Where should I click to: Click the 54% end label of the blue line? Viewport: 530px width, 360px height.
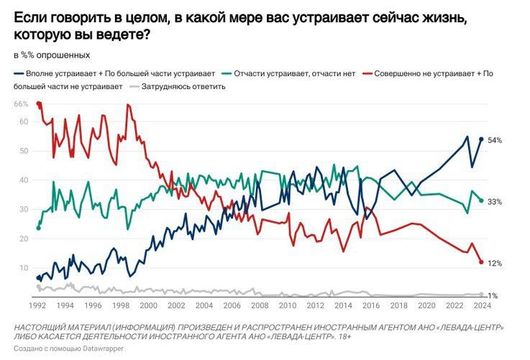(x=494, y=140)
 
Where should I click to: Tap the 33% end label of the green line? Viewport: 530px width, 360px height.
(x=494, y=202)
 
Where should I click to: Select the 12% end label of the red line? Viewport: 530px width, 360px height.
(x=494, y=264)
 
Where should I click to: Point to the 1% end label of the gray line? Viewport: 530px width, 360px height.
(x=494, y=296)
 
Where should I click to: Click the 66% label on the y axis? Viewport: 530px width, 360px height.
(x=21, y=104)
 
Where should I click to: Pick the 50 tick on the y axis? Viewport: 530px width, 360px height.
(x=23, y=151)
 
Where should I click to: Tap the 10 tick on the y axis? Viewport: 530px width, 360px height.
(x=23, y=267)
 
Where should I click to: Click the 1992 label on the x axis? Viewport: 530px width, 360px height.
(x=38, y=304)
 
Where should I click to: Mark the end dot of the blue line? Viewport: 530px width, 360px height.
(x=481, y=139)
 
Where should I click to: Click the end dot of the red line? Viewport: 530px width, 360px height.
(x=481, y=262)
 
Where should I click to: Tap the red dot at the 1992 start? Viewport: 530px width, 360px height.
(x=38, y=104)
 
